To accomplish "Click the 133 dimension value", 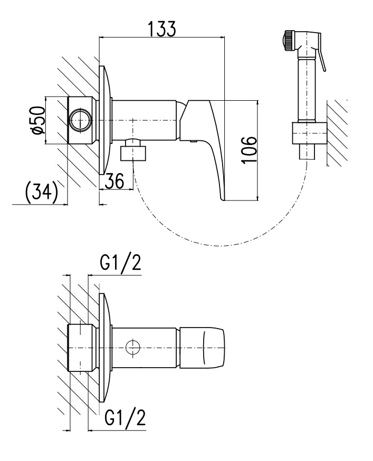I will pos(161,29).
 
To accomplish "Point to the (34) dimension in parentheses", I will pos(41,193).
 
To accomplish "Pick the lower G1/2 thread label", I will pos(125,418).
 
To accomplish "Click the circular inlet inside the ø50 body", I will pos(81,121).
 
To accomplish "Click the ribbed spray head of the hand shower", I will pos(289,41).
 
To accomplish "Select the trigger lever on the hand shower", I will pos(321,57).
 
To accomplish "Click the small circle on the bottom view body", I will pos(134,347).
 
